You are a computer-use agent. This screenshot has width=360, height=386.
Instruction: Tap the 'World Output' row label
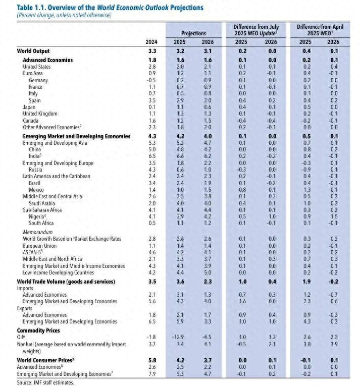coord(33,51)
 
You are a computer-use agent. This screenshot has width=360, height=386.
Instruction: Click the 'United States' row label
coord(37,67)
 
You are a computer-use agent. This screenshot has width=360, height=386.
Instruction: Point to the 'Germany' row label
coord(39,80)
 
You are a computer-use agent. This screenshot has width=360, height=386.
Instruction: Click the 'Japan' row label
coord(29,107)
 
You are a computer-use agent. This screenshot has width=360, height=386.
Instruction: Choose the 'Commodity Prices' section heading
coord(39,330)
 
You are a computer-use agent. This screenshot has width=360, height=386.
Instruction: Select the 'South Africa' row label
coord(42,223)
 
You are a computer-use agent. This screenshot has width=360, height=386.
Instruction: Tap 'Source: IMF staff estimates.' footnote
coord(45,382)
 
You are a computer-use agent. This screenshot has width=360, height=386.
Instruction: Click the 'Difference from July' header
coord(255,26)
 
